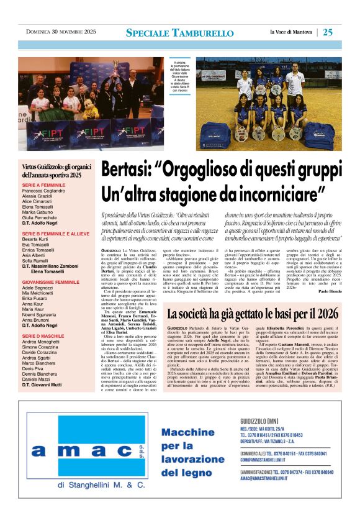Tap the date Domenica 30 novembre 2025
(x=61, y=32)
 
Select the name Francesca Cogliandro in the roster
(x=51, y=192)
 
